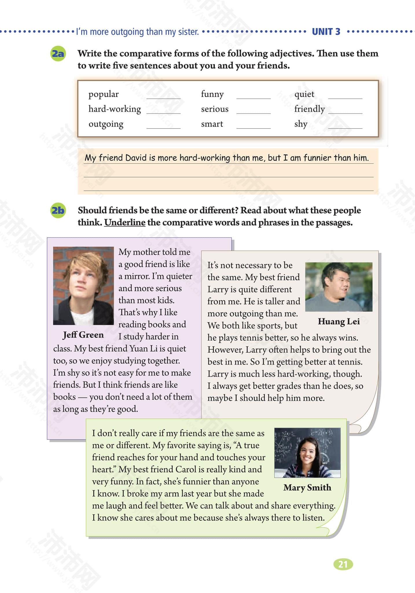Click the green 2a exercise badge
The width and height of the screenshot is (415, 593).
click(58, 54)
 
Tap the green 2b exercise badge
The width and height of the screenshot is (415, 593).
click(58, 210)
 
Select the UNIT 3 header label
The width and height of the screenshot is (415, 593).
click(326, 31)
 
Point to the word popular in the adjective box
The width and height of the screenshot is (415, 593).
click(104, 94)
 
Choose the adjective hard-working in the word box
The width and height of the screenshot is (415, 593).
click(115, 109)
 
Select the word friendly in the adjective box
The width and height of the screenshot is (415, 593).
click(309, 109)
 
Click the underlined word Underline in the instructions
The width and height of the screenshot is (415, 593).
click(125, 222)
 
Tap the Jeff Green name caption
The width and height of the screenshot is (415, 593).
click(83, 335)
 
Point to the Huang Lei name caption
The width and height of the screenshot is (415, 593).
click(339, 321)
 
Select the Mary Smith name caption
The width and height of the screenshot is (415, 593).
click(307, 487)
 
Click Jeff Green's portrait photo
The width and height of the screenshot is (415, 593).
click(83, 285)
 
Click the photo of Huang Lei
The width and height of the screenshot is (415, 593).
click(339, 287)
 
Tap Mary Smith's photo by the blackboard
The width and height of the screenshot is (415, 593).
click(307, 453)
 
